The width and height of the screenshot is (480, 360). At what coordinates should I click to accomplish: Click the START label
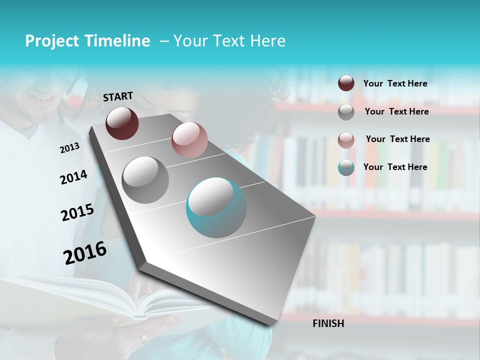(x=118, y=96)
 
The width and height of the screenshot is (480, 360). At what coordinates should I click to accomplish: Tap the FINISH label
(x=328, y=323)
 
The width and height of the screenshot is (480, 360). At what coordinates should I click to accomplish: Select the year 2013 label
(x=69, y=148)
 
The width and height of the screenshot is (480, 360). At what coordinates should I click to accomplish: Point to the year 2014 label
(x=73, y=177)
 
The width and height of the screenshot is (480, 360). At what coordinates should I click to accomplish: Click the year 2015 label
(x=77, y=212)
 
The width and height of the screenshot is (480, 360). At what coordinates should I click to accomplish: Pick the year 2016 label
(x=85, y=253)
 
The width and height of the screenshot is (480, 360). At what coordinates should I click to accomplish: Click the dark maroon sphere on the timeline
(x=122, y=123)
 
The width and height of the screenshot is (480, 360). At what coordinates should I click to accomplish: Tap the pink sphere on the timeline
(x=189, y=140)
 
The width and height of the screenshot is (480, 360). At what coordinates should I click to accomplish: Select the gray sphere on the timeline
(x=145, y=179)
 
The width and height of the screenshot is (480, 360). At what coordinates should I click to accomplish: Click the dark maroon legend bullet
(x=346, y=83)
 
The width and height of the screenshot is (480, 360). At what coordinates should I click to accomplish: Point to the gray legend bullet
(x=346, y=112)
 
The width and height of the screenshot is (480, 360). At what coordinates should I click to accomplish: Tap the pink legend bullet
(x=346, y=139)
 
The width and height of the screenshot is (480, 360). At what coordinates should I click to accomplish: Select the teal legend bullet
(x=346, y=167)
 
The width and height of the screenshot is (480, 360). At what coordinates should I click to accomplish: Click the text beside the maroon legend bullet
(x=395, y=83)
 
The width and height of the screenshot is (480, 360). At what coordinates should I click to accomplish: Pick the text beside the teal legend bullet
(x=395, y=167)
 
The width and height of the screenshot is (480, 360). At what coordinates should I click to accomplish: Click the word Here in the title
(x=267, y=41)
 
